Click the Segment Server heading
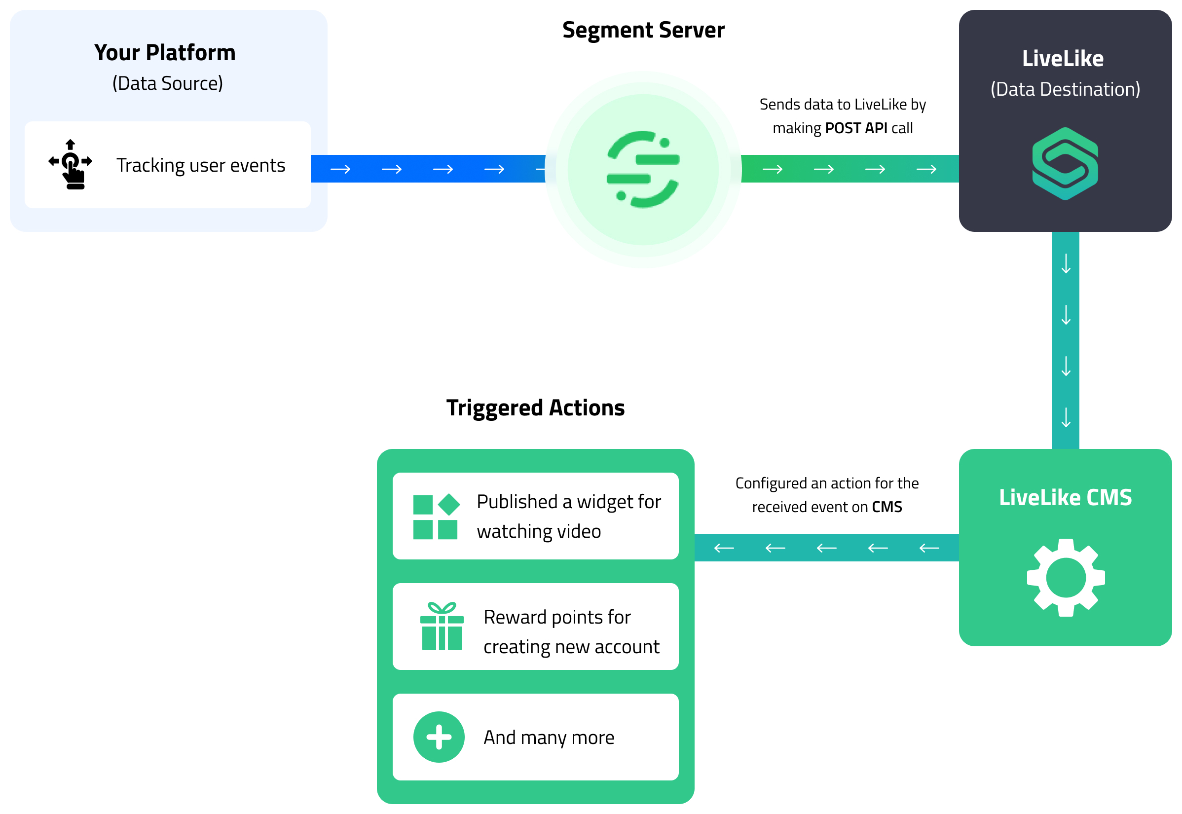[x=642, y=30]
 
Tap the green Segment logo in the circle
[x=642, y=169]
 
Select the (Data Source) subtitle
[x=167, y=83]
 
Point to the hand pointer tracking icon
[x=71, y=164]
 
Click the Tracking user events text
[x=200, y=165]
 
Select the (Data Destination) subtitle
[x=1064, y=89]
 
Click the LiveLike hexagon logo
[x=1064, y=163]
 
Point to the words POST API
[x=855, y=128]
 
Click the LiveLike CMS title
[x=1064, y=497]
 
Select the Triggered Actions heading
[x=535, y=407]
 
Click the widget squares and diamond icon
[x=436, y=516]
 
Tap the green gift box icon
[x=441, y=627]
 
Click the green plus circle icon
[x=439, y=737]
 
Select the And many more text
[x=548, y=737]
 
